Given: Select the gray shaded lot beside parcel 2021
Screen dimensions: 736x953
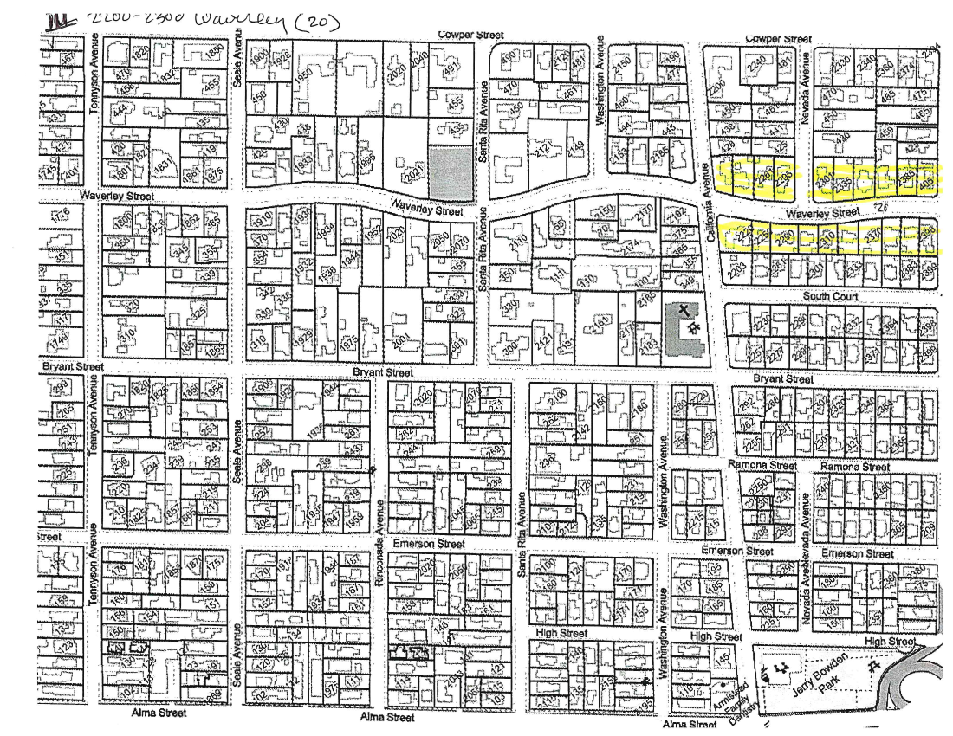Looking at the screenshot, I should click(453, 171).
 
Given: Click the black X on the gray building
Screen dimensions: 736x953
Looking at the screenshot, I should click(684, 309).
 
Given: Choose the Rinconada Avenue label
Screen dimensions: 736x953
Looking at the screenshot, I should click(379, 554).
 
